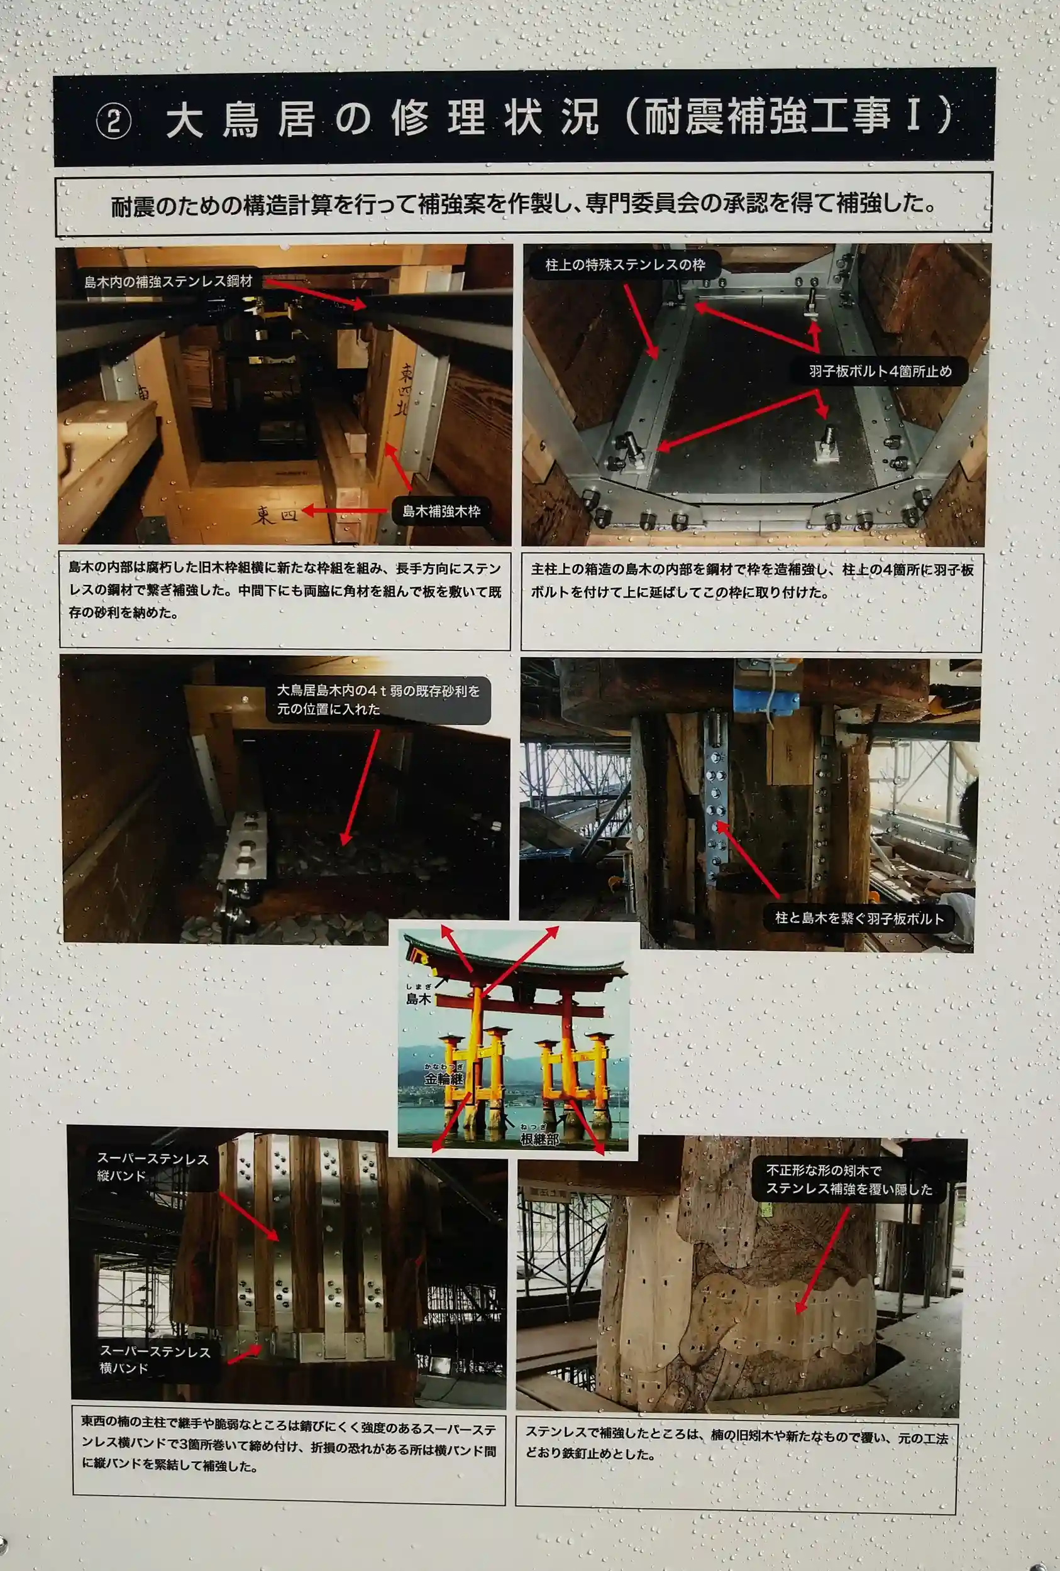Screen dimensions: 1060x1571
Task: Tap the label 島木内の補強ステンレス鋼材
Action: [168, 281]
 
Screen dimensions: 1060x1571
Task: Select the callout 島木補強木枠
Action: [441, 512]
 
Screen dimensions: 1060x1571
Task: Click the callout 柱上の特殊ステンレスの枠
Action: [625, 265]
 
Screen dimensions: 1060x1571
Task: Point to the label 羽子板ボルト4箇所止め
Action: [880, 371]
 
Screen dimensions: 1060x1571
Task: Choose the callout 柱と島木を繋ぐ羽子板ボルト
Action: [859, 917]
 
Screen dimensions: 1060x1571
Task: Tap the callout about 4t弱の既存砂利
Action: [378, 700]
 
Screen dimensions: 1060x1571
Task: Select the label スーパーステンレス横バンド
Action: [155, 1359]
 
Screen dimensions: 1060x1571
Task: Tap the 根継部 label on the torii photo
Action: [539, 1139]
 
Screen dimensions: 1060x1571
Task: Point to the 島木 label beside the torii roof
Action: [418, 998]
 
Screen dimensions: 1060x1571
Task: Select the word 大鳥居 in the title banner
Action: [240, 119]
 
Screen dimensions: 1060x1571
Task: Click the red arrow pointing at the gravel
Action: [360, 787]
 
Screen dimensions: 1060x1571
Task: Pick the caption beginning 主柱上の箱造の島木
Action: [752, 581]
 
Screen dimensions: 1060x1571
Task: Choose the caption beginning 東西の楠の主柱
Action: [289, 1446]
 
